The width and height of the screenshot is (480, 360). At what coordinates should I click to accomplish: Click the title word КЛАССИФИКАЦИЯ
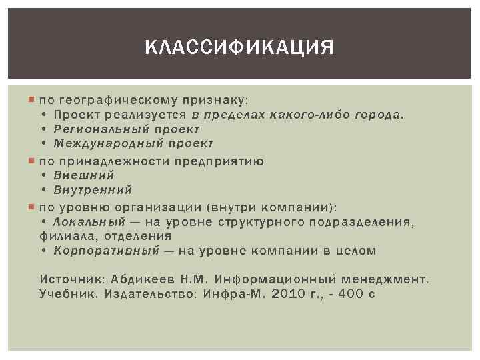[239, 48]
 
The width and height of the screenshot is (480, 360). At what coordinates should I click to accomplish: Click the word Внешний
[84, 175]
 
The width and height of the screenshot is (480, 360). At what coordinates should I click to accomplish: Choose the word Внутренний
[93, 190]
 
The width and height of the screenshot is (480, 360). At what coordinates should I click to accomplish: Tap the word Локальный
[89, 221]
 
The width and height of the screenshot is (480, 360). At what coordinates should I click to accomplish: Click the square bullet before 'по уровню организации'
[33, 205]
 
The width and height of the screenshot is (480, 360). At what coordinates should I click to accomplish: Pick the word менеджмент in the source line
[389, 277]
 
